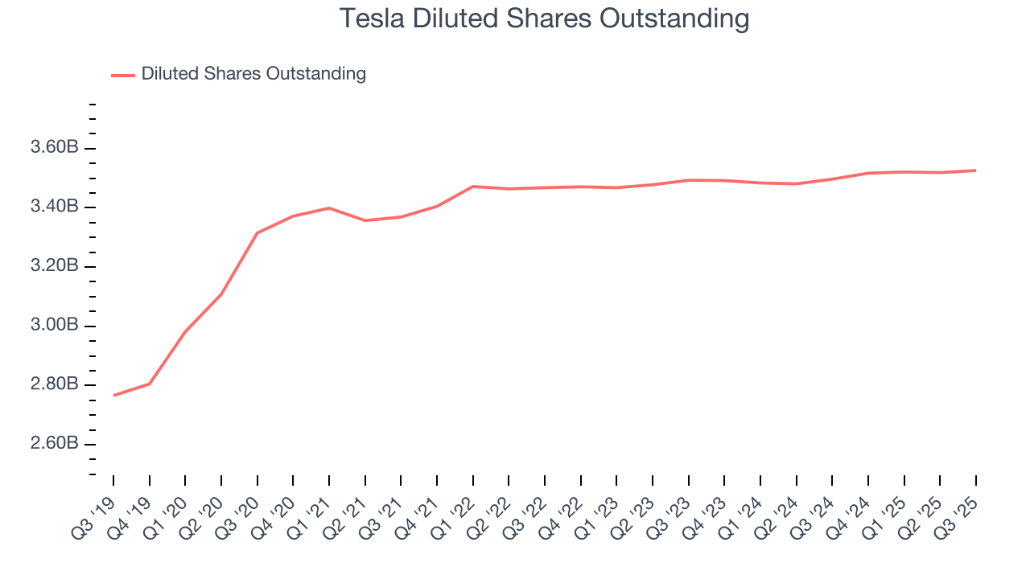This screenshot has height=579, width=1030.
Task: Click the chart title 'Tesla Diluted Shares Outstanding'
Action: point(544,18)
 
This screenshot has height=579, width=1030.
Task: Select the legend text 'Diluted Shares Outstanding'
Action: point(253,74)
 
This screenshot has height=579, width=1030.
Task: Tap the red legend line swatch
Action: point(123,75)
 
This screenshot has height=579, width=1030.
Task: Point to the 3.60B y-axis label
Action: point(54,148)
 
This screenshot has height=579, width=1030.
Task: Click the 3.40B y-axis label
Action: point(54,207)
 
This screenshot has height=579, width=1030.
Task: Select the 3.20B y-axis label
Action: point(54,267)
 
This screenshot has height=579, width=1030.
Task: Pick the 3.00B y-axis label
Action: point(54,326)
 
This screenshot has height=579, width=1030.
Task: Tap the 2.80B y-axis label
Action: point(54,384)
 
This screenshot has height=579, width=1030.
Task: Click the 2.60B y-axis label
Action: point(54,444)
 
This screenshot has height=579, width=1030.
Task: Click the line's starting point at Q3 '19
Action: point(113,396)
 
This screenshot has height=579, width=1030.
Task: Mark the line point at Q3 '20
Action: point(257,233)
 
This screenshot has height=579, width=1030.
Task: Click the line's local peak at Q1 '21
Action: point(329,207)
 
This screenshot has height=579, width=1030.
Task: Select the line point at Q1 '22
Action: point(473,187)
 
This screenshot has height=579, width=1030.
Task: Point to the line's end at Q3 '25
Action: point(976,170)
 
